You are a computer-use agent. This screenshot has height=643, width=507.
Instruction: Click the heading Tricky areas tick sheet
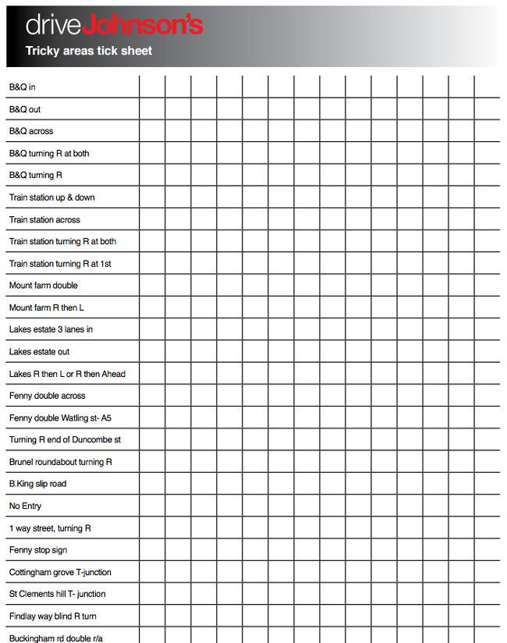pyautogui.click(x=88, y=51)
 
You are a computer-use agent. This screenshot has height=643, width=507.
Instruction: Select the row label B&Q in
pyautogui.click(x=22, y=87)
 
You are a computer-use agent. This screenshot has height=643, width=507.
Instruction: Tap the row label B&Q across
pyautogui.click(x=31, y=131)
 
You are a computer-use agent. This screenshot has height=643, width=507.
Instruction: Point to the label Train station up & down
pyautogui.click(x=51, y=197)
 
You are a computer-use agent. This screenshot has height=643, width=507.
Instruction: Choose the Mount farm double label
pyautogui.click(x=44, y=286)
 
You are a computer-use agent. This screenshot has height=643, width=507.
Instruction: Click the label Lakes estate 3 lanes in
pyautogui.click(x=51, y=329)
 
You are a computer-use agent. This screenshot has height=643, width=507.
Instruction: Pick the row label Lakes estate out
pyautogui.click(x=39, y=352)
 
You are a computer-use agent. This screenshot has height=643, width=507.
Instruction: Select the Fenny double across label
pyautogui.click(x=48, y=396)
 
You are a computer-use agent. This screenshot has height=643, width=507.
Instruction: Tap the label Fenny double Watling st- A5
pyautogui.click(x=60, y=418)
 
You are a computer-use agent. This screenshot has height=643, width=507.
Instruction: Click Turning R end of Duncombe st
pyautogui.click(x=65, y=440)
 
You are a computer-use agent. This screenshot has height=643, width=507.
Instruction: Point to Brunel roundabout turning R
pyautogui.click(x=61, y=462)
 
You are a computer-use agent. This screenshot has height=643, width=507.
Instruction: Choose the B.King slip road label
pyautogui.click(x=37, y=484)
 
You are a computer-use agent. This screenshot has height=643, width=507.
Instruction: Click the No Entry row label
pyautogui.click(x=25, y=506)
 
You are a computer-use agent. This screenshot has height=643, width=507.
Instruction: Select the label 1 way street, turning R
pyautogui.click(x=50, y=528)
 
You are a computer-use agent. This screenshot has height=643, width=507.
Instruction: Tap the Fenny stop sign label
pyautogui.click(x=38, y=550)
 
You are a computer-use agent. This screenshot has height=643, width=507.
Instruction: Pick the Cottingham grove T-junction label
pyautogui.click(x=60, y=572)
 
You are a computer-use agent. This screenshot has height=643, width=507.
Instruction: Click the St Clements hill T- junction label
pyautogui.click(x=57, y=594)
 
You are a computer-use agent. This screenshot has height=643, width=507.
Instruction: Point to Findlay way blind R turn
pyautogui.click(x=53, y=616)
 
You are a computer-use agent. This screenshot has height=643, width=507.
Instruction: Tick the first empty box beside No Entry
pyautogui.click(x=152, y=506)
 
